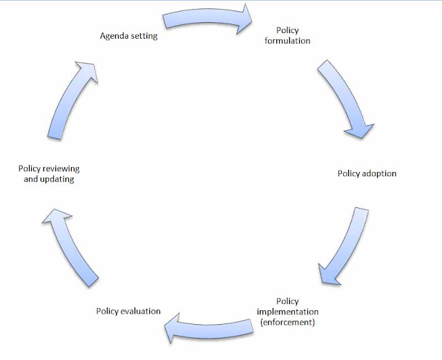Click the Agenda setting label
click(x=128, y=36)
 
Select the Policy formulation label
click(x=287, y=35)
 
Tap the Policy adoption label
click(x=367, y=173)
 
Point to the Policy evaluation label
click(x=128, y=311)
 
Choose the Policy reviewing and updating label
click(x=49, y=174)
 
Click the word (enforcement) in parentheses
click(x=287, y=322)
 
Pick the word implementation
click(x=287, y=312)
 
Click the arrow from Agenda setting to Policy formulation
click(x=208, y=16)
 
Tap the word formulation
click(x=287, y=41)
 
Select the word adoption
click(x=379, y=174)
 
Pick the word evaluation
click(x=141, y=311)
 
